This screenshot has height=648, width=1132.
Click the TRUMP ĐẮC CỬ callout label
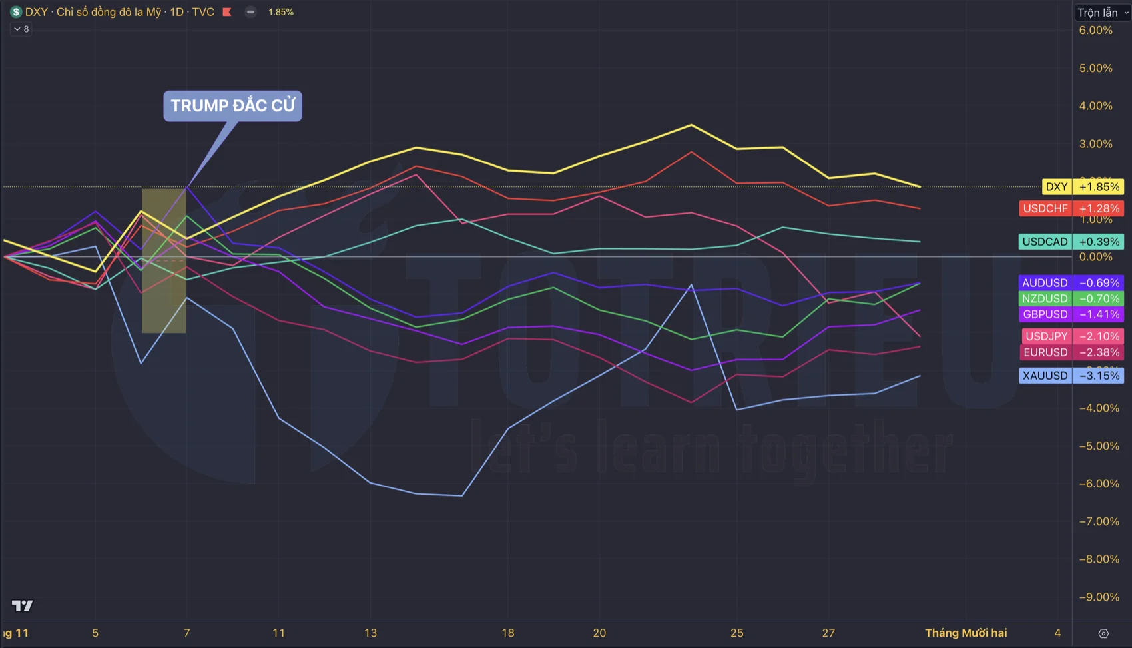point(232,106)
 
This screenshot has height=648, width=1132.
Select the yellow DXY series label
point(1056,187)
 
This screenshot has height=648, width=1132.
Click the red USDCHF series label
point(1045,208)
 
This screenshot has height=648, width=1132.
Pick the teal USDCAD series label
point(1045,242)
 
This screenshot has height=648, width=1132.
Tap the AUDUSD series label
point(1045,283)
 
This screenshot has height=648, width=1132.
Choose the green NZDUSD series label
point(1045,298)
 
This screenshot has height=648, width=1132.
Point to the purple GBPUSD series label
point(1045,314)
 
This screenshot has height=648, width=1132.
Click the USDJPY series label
point(1046,336)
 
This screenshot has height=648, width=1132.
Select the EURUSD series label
point(1045,352)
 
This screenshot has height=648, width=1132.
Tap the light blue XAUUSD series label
point(1045,376)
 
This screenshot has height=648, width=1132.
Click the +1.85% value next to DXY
point(1099,187)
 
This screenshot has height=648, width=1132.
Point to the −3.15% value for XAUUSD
point(1099,376)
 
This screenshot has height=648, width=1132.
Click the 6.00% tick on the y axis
point(1095,31)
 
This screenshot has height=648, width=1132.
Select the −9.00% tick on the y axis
point(1099,597)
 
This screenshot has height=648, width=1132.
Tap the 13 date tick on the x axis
point(370,633)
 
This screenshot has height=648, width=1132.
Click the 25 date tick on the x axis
point(736,633)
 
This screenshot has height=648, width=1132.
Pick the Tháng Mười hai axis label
point(966,633)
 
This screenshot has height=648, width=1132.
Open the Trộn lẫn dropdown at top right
point(1102,13)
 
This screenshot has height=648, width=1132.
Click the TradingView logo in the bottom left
point(22,605)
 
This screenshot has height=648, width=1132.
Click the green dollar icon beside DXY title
point(16,12)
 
